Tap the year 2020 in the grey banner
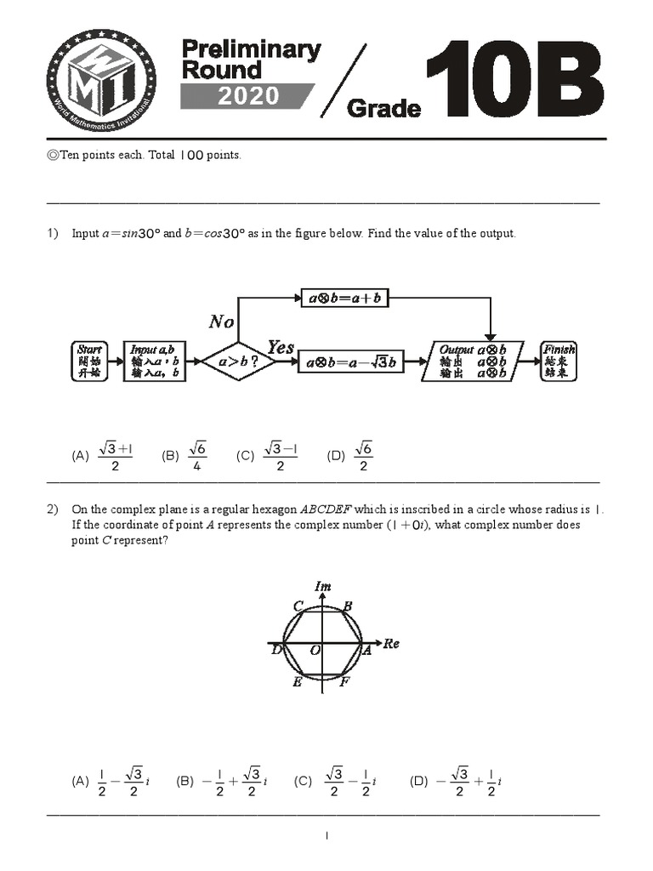point(247,96)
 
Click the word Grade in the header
point(384,109)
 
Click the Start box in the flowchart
point(89,361)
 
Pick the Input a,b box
point(153,361)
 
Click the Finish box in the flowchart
point(559,361)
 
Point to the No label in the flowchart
point(222,322)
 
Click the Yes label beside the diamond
point(280,347)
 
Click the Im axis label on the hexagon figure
point(323,587)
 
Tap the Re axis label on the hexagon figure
point(390,644)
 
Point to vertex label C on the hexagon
point(298,606)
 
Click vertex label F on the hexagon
point(344,682)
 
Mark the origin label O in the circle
point(314,651)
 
